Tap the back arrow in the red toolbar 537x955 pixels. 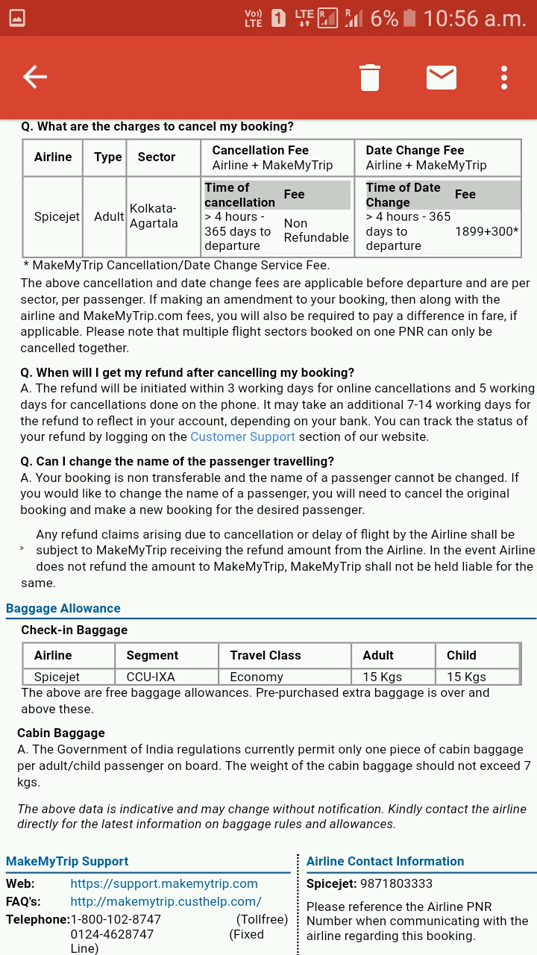pos(35,77)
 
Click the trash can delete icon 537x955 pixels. pos(370,77)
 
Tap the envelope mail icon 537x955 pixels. pos(442,77)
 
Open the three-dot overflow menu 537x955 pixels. pos(504,77)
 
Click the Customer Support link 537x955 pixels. pos(242,436)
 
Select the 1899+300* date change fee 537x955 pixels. pos(486,231)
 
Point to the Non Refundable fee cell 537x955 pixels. pos(315,231)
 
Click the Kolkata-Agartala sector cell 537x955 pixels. pos(154,216)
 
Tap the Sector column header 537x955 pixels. pos(156,157)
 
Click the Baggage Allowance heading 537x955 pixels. pos(63,608)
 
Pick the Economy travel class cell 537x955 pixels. pos(257,677)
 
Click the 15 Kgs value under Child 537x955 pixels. pos(466,677)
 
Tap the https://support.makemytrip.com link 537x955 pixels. pos(164,883)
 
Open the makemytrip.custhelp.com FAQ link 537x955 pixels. pos(166,901)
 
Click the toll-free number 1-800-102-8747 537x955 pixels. pos(116,919)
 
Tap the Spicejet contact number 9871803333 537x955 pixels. pos(396,883)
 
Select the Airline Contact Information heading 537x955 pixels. pos(385,861)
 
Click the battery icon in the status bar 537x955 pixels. pos(409,18)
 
